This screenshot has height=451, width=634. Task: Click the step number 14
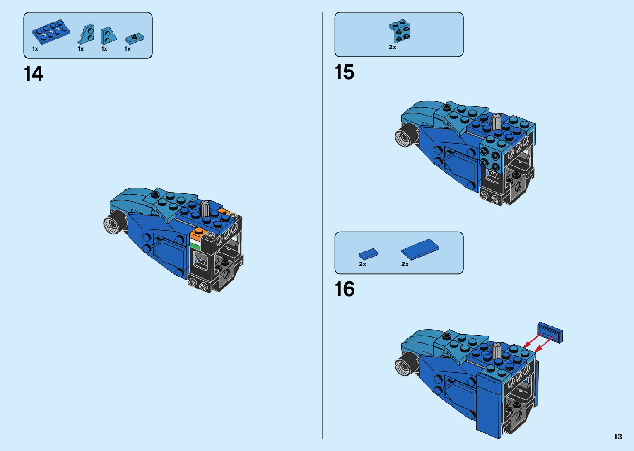click(34, 74)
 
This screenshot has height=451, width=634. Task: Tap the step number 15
click(345, 72)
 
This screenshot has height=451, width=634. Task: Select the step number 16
click(345, 289)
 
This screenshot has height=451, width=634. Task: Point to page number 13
click(618, 437)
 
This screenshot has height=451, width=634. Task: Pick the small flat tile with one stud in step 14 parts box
click(134, 39)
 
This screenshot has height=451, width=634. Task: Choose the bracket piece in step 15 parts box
click(400, 31)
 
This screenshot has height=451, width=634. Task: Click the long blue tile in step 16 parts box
click(420, 249)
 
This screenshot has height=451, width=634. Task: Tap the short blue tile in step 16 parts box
click(368, 254)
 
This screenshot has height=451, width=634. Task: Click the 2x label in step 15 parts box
click(393, 47)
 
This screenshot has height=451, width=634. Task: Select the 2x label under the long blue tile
click(405, 264)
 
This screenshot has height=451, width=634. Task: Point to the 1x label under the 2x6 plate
click(35, 49)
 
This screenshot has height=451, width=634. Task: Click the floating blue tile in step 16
click(550, 332)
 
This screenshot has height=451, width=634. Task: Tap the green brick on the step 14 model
click(195, 246)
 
